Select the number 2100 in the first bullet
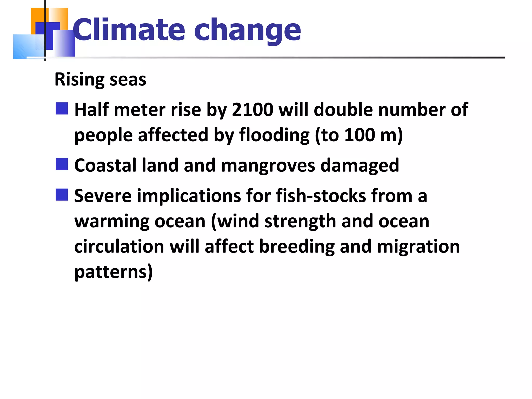tap(252, 110)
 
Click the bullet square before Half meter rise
tap(62, 109)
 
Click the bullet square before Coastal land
tap(62, 164)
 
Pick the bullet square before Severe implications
tap(62, 195)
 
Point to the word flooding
tap(274, 135)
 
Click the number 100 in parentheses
tap(360, 135)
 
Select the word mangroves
tap(268, 165)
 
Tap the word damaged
tap(360, 165)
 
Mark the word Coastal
tap(105, 165)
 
